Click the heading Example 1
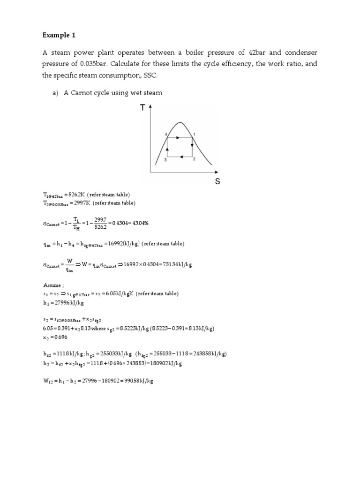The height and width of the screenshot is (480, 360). [59, 35]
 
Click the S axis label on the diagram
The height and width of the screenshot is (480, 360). [217, 181]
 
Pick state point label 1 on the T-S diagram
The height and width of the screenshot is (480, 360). [195, 135]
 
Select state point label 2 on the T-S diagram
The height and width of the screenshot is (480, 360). [194, 159]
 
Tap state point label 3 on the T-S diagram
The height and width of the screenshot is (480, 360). [165, 160]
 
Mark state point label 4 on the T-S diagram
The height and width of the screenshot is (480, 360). [165, 135]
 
